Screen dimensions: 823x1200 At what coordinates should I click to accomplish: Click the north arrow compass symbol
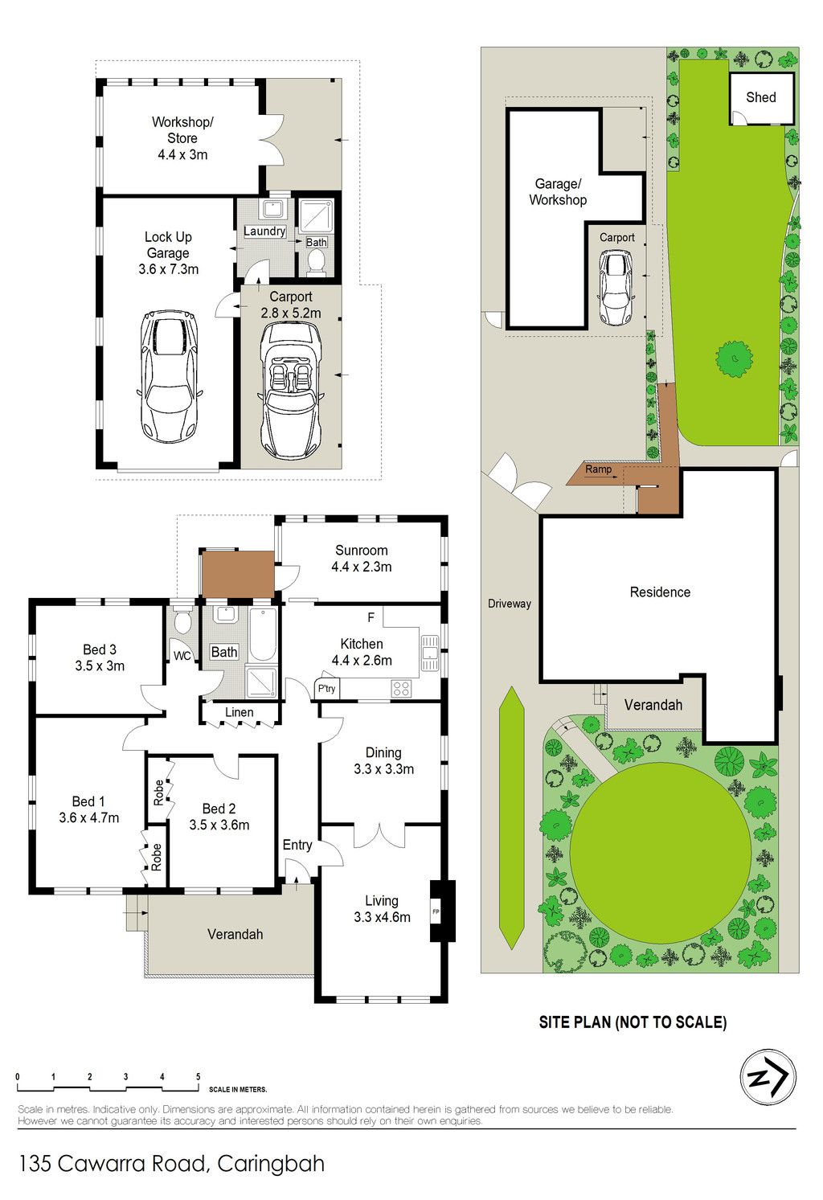point(768,1077)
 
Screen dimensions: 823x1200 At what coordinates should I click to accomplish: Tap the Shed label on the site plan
point(761,97)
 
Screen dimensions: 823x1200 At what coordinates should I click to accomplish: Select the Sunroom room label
point(361,551)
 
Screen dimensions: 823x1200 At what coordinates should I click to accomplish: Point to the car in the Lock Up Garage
point(170,375)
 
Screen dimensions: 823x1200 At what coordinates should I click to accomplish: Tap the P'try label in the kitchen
point(326,688)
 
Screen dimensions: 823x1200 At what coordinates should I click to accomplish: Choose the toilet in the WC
point(182,620)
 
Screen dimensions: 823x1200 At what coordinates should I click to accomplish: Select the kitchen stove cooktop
point(401,688)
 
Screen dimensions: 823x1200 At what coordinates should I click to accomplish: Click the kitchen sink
point(429,653)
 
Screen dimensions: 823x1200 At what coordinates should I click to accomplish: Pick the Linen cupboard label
point(239,712)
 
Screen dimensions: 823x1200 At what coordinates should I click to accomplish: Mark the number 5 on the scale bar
point(199,1077)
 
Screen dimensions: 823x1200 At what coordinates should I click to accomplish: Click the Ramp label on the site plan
point(598,469)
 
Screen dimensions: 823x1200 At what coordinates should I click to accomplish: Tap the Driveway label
point(509,603)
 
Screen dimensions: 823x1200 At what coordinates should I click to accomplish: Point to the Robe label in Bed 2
point(158,792)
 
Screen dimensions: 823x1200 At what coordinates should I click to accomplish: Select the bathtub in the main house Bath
point(263,635)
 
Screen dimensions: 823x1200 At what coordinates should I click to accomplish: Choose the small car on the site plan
point(616,289)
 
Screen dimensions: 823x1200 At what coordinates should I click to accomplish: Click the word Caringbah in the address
point(271,1164)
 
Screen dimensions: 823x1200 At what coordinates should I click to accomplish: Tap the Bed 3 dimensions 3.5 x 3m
point(100,666)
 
